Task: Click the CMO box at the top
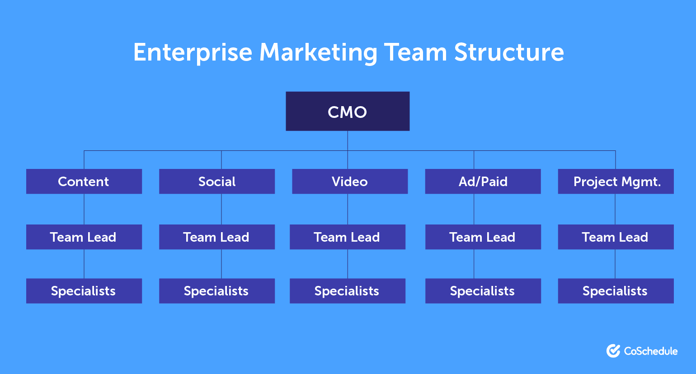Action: (x=348, y=111)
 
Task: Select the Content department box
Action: (x=84, y=182)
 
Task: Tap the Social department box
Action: (x=217, y=182)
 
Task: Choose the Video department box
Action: (x=350, y=182)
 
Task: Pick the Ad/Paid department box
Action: (x=483, y=182)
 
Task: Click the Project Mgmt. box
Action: (x=616, y=182)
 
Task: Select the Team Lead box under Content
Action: (x=84, y=237)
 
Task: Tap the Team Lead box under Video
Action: (x=348, y=237)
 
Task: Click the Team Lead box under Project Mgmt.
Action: (x=616, y=237)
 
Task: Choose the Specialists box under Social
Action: (x=217, y=291)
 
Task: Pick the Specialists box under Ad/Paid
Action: (x=483, y=291)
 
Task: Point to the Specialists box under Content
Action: (x=84, y=291)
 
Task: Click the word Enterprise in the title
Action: (x=193, y=53)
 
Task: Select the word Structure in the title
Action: (x=509, y=52)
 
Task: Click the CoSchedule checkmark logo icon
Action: (x=613, y=351)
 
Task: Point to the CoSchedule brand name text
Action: (x=651, y=351)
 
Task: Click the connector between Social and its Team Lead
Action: (x=221, y=209)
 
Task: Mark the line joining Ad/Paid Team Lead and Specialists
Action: (x=474, y=264)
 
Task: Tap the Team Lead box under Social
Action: (x=217, y=237)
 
